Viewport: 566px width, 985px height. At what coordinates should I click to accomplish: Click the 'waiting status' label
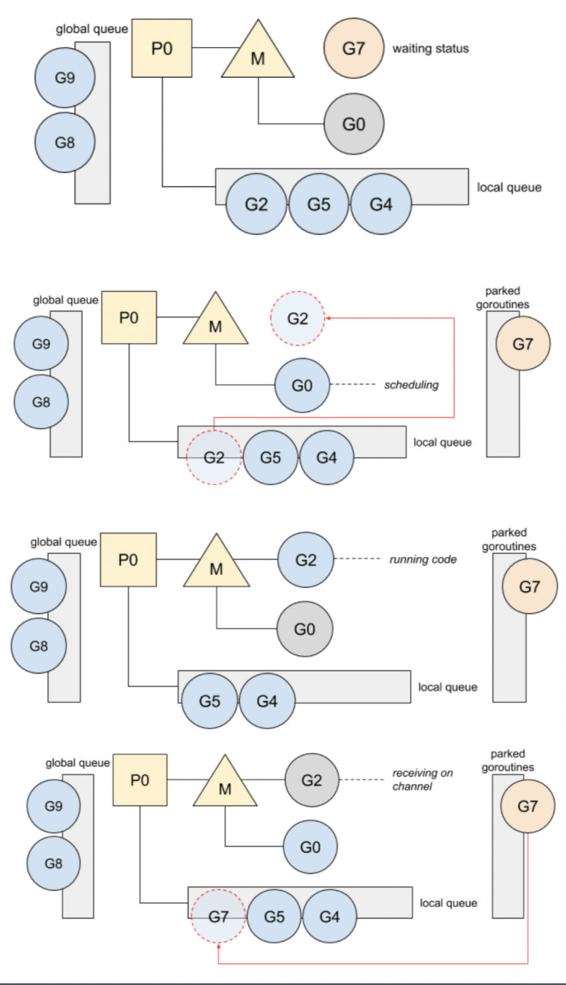click(x=430, y=49)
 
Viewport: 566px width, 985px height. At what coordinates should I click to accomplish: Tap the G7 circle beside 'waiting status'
click(x=354, y=49)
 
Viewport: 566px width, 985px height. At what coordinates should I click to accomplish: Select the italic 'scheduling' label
click(x=411, y=385)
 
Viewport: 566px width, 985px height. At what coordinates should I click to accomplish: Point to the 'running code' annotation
click(x=423, y=559)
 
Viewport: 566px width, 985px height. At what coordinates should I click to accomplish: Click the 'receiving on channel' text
click(x=422, y=780)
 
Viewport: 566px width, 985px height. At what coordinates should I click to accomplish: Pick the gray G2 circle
click(x=311, y=780)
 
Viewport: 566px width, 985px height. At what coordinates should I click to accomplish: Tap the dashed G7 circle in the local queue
click(x=219, y=916)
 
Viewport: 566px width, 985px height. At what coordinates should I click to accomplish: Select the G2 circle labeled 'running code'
click(x=306, y=560)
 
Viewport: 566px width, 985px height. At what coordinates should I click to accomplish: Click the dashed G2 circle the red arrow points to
click(x=297, y=319)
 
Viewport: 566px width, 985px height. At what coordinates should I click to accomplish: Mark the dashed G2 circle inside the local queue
click(x=214, y=458)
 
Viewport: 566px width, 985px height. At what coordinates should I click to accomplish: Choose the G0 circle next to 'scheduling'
click(x=302, y=386)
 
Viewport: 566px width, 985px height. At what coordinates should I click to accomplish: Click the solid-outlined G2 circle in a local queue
click(x=256, y=205)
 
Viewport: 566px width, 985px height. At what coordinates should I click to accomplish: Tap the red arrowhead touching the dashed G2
click(x=328, y=318)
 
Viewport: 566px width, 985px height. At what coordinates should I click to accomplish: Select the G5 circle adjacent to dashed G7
click(x=274, y=916)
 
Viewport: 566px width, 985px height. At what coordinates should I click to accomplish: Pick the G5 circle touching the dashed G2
click(x=270, y=458)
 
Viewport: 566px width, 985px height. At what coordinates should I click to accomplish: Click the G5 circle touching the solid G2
click(x=319, y=205)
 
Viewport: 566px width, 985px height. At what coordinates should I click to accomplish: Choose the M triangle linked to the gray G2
click(x=225, y=784)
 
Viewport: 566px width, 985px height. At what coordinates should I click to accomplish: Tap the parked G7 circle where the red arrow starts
click(x=527, y=806)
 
